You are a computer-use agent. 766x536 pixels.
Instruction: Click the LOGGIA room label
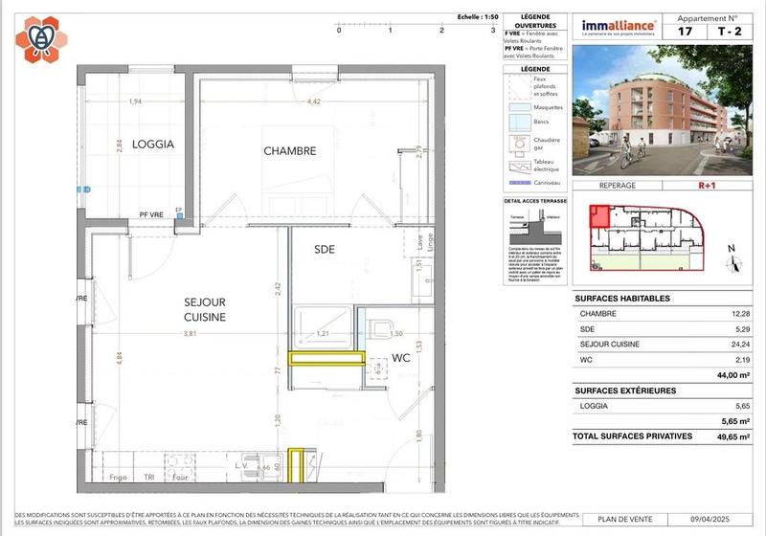153,145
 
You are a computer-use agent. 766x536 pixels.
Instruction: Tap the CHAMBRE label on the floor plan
289,151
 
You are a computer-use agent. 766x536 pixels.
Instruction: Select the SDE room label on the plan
325,249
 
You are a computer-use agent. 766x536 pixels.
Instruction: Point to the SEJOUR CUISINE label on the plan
205,309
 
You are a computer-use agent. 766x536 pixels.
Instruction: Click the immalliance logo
620,26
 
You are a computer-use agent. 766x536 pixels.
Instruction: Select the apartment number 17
686,31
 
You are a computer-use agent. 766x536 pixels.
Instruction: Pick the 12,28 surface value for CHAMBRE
735,313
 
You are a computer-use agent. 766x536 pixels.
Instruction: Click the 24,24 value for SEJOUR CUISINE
735,344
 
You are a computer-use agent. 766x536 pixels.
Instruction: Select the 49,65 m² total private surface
730,435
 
